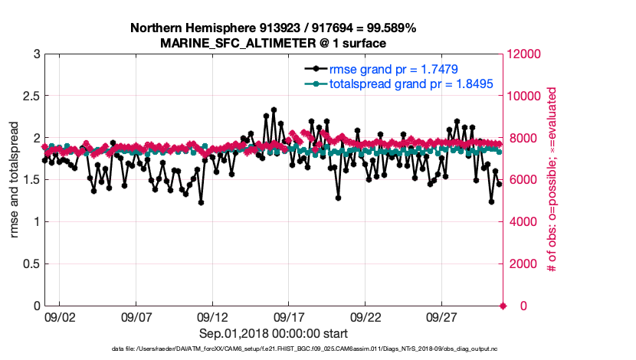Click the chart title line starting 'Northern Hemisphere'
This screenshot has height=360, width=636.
273,28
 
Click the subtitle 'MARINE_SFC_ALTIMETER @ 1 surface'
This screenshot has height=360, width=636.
273,43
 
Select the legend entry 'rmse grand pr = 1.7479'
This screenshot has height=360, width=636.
394,69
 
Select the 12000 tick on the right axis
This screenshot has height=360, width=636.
528,54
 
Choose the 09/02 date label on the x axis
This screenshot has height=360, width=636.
60,317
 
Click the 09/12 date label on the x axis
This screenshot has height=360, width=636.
213,317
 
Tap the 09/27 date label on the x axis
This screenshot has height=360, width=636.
443,317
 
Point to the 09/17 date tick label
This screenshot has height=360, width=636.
290,317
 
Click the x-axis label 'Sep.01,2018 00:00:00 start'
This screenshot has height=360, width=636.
274,333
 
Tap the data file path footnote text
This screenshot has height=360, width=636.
272,349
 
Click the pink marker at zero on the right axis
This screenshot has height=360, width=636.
503,306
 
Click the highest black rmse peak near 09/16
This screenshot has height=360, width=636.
274,110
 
